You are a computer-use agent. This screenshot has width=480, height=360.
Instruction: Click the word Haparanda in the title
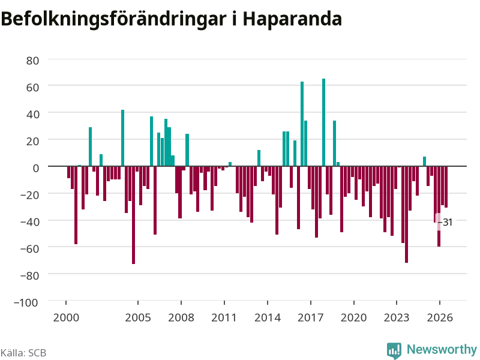(x=292, y=19)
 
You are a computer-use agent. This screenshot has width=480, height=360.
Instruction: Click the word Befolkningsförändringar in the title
(x=114, y=20)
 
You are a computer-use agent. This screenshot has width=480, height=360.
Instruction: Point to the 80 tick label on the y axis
(x=33, y=61)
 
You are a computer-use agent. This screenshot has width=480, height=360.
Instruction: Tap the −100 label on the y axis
(x=26, y=302)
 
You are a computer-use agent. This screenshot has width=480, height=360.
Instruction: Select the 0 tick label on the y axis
(x=36, y=168)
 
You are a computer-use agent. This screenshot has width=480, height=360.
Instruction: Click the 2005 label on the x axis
(x=138, y=317)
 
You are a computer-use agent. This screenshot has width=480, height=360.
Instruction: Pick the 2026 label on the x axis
(x=440, y=317)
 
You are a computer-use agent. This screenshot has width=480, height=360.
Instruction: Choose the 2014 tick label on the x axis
(x=267, y=317)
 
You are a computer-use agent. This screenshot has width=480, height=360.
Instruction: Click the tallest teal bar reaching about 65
(x=323, y=122)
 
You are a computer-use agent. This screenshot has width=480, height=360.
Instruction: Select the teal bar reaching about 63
(x=302, y=124)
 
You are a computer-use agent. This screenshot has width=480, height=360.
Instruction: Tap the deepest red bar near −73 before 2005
(x=133, y=215)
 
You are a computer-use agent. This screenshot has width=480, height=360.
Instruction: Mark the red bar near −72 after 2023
(x=406, y=214)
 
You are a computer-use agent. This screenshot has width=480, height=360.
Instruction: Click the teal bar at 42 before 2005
(x=123, y=138)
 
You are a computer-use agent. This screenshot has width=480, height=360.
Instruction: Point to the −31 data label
(x=445, y=222)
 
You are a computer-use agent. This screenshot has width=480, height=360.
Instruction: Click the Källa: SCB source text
(x=23, y=353)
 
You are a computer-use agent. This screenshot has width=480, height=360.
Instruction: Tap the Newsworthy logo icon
(x=394, y=350)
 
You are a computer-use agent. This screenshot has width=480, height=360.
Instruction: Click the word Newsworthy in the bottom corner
(x=442, y=349)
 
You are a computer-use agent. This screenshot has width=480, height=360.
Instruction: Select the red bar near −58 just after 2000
(x=76, y=205)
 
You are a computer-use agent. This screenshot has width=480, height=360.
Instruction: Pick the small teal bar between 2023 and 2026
(x=424, y=161)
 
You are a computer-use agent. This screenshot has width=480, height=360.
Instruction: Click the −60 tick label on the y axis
(x=29, y=248)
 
